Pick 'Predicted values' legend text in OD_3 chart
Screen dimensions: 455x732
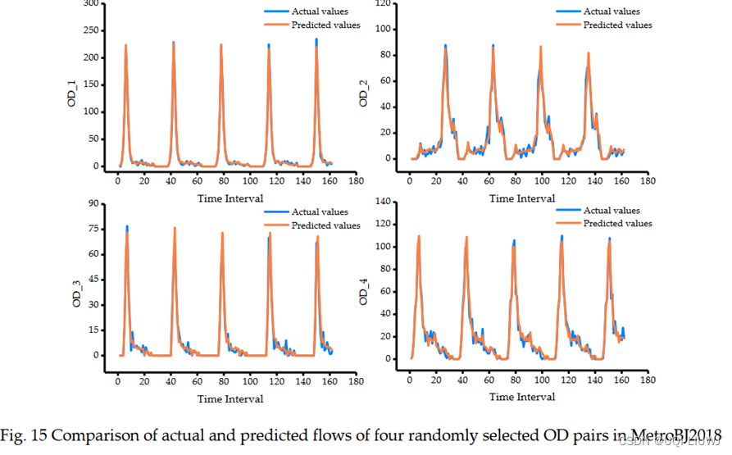[x=325, y=225]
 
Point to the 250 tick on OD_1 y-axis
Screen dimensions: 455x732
[x=91, y=30]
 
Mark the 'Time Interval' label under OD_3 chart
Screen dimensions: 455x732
[x=230, y=398]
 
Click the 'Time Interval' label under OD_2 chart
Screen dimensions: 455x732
[x=522, y=198]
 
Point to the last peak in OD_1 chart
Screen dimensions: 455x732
[x=316, y=40]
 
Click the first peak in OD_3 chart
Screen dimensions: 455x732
[x=127, y=226]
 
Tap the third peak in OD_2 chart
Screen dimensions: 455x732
[x=541, y=48]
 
